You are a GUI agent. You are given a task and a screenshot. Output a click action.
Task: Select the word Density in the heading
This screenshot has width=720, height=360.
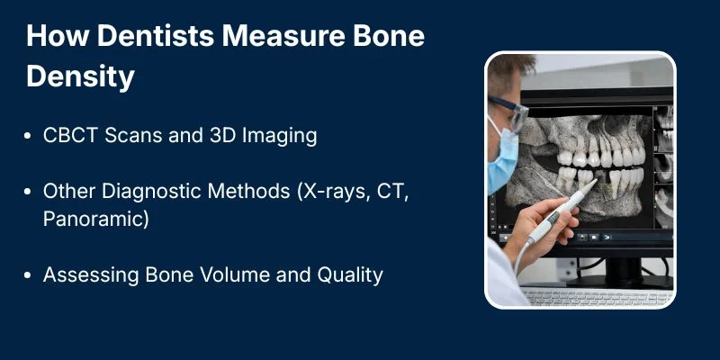pos(80,77)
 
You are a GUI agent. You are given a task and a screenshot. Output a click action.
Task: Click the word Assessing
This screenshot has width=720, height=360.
pos(85,274)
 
